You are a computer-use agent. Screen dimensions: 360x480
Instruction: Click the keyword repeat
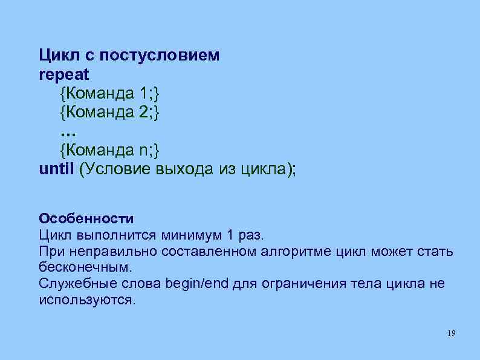pos(63,74)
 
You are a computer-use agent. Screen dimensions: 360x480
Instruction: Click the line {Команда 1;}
pos(111,93)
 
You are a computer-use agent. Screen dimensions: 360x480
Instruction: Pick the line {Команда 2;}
pos(111,112)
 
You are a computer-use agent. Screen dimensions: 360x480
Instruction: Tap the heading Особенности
pos(85,218)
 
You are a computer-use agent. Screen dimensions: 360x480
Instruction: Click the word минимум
pos(184,234)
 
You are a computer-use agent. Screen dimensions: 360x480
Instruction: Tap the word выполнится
pos(112,234)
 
